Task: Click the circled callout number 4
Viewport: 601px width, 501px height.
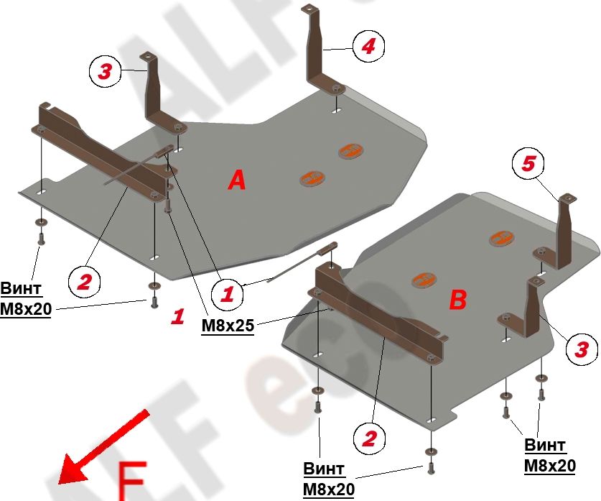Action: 368,47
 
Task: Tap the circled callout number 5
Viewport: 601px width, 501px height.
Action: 528,164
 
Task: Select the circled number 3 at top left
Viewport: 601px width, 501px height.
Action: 105,71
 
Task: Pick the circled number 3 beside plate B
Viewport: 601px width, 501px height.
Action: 582,349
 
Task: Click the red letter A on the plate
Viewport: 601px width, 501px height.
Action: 237,180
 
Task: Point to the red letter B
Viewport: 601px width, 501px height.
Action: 457,300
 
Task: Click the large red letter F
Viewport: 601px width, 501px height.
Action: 132,481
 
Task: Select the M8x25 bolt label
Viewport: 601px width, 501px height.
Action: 228,326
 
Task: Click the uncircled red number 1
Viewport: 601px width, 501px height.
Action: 178,317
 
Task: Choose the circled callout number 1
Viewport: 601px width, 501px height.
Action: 228,295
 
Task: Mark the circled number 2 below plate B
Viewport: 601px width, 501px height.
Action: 369,438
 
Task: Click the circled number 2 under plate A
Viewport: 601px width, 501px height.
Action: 84,282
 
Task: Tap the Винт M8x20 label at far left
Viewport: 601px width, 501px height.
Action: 25,298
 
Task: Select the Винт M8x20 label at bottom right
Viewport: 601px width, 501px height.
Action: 549,455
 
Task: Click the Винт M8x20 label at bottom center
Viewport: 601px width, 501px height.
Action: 329,479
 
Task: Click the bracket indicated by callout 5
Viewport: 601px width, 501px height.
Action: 558,234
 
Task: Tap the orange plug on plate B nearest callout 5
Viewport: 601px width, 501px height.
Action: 501,238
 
